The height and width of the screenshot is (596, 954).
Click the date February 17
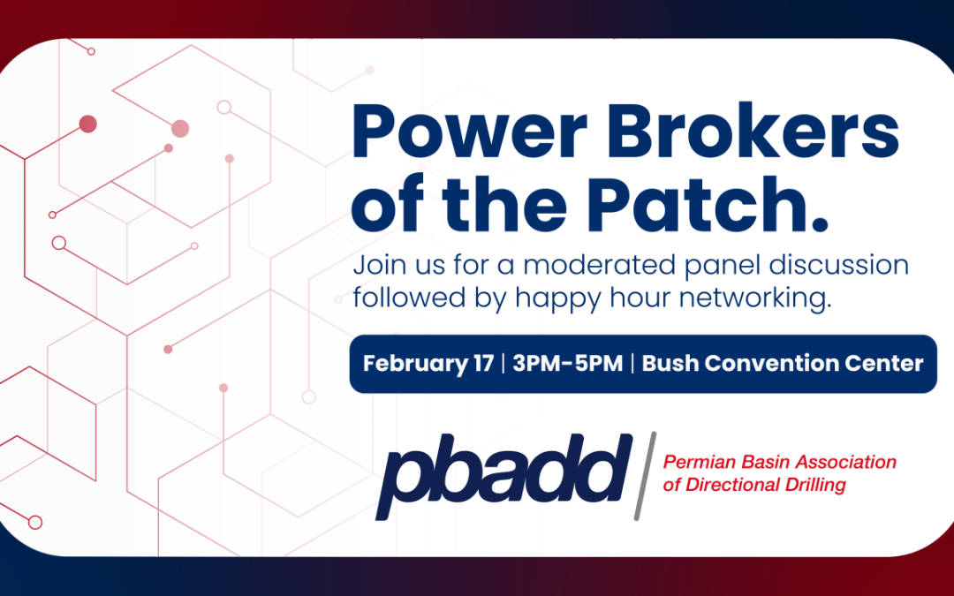[x=428, y=364]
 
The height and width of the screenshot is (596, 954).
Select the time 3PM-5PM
[x=566, y=364]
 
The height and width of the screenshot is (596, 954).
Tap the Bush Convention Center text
[x=783, y=364]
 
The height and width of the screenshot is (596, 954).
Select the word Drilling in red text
[x=815, y=485]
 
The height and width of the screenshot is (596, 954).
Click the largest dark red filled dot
[x=87, y=124]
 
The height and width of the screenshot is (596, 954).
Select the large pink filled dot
[x=180, y=129]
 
